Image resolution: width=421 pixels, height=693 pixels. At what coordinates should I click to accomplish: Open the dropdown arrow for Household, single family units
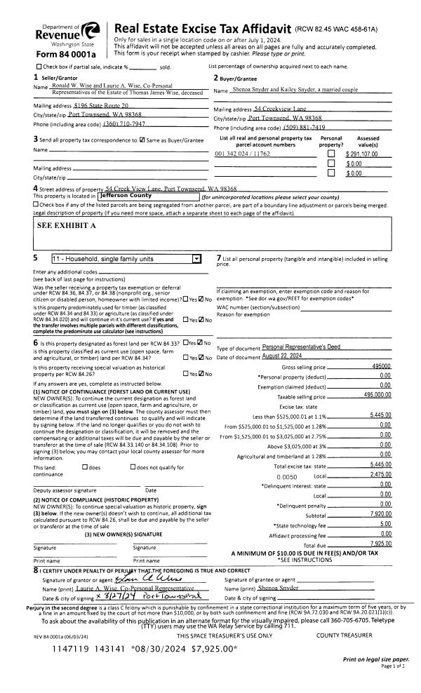click(x=196, y=257)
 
